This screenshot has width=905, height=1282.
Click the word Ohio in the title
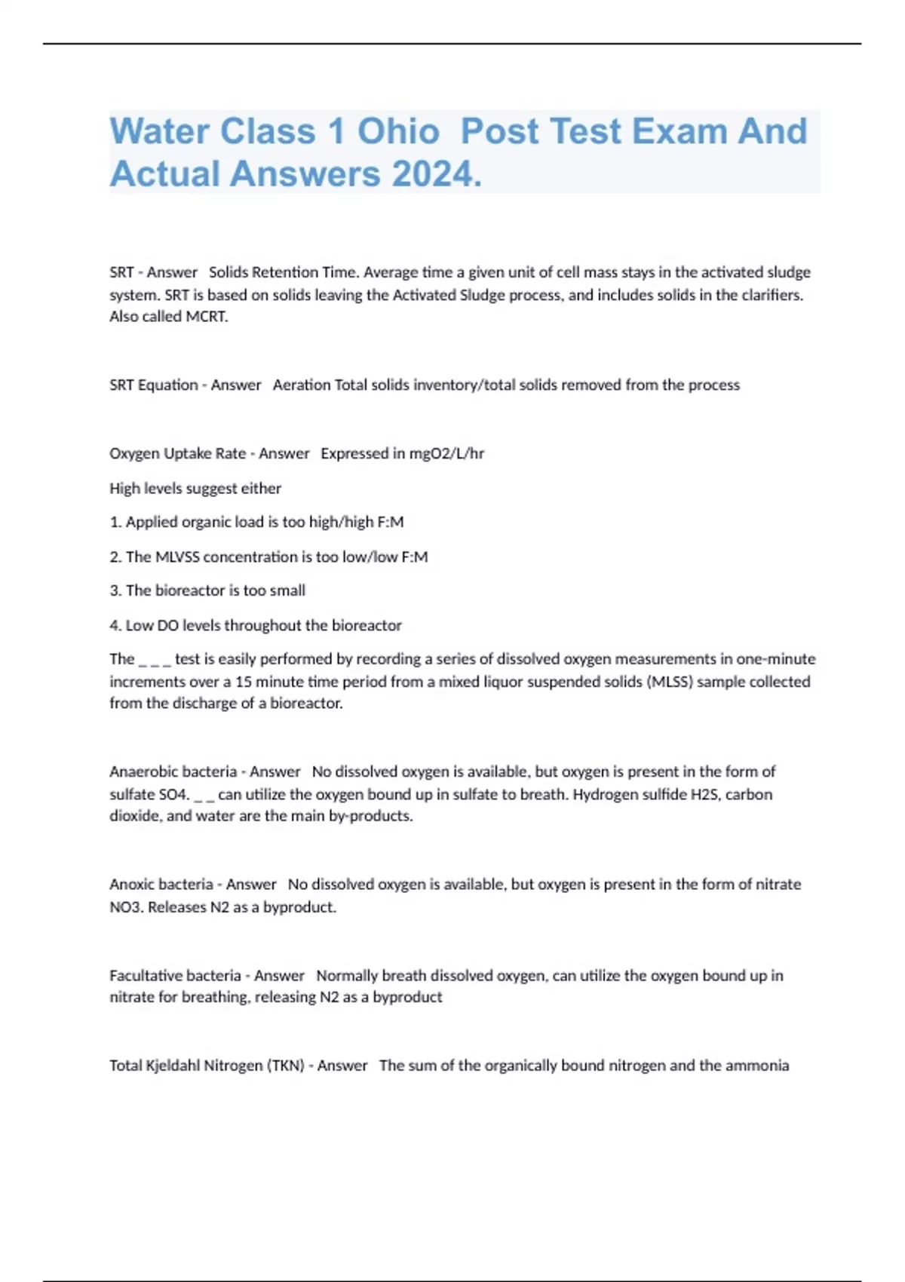[398, 131]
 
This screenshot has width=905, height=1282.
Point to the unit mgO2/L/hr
[446, 453]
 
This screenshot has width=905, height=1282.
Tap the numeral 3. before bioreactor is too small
[116, 590]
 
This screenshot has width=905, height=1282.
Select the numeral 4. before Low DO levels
[116, 625]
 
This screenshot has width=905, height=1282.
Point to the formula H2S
[706, 794]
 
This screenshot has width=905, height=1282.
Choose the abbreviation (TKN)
[286, 1066]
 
